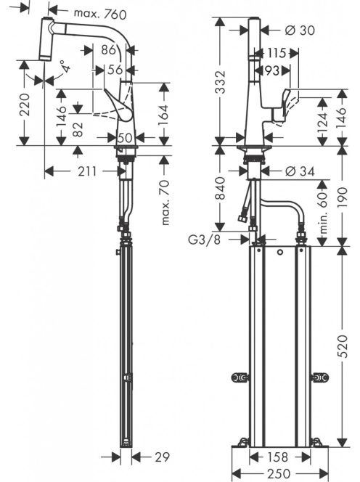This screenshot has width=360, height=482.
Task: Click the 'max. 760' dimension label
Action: tap(100, 14)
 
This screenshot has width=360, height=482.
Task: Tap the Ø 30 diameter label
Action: tap(300, 30)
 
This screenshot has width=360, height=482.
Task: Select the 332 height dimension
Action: tap(220, 82)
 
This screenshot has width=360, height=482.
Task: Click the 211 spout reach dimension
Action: tap(87, 171)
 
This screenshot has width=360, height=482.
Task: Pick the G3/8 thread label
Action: tap(205, 239)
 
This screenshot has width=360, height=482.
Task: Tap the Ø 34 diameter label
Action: tap(300, 171)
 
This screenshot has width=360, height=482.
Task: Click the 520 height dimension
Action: tap(342, 346)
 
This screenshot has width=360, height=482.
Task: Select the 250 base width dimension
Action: tap(279, 474)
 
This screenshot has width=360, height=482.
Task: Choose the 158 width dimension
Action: tap(277, 457)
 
